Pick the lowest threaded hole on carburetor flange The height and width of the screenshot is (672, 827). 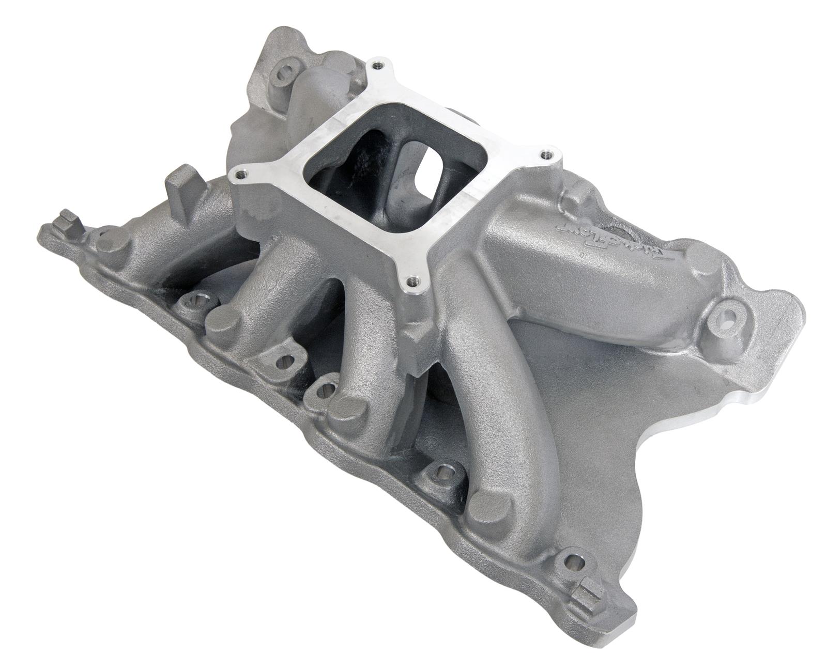412,282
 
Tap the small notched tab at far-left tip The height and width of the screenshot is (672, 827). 66,217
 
